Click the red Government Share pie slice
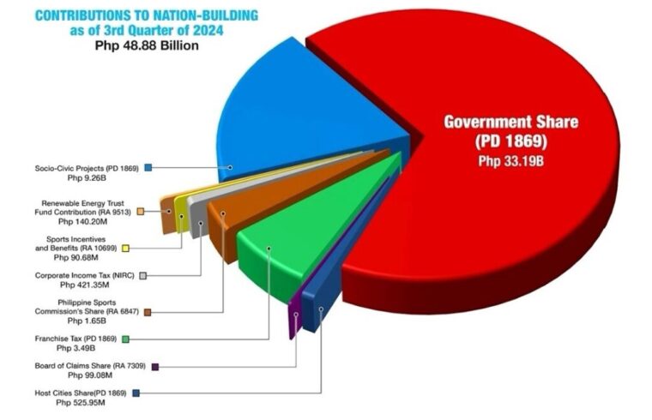(x=515, y=214)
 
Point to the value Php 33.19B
(x=511, y=159)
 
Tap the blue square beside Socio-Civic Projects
(x=148, y=167)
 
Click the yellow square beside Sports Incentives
(x=125, y=248)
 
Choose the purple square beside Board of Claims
(x=154, y=366)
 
